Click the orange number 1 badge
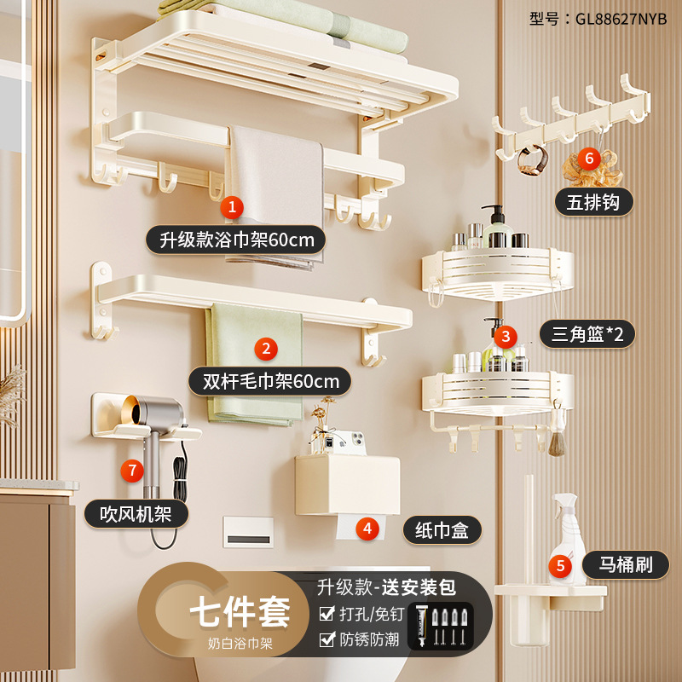tap(232, 206)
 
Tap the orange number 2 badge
tap(266, 348)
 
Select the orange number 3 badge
tap(506, 335)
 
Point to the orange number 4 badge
tap(367, 528)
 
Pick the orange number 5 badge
tap(560, 564)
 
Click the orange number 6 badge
tap(588, 158)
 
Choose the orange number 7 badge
tap(130, 470)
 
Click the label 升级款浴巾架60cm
tap(236, 240)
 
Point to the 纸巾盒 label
tap(442, 529)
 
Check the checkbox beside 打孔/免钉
tap(326, 614)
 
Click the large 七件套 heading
tap(240, 611)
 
